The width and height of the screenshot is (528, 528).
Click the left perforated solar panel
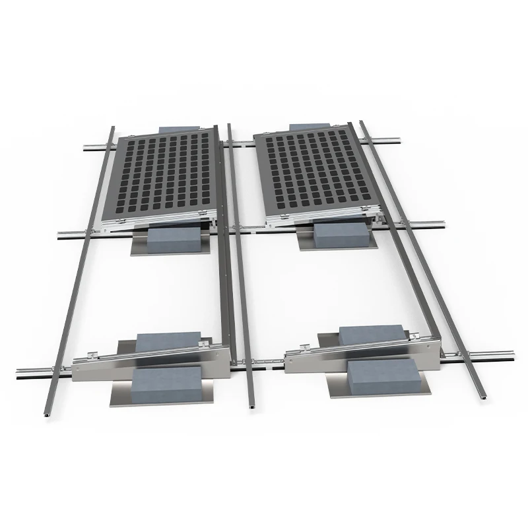pos(162,175)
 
